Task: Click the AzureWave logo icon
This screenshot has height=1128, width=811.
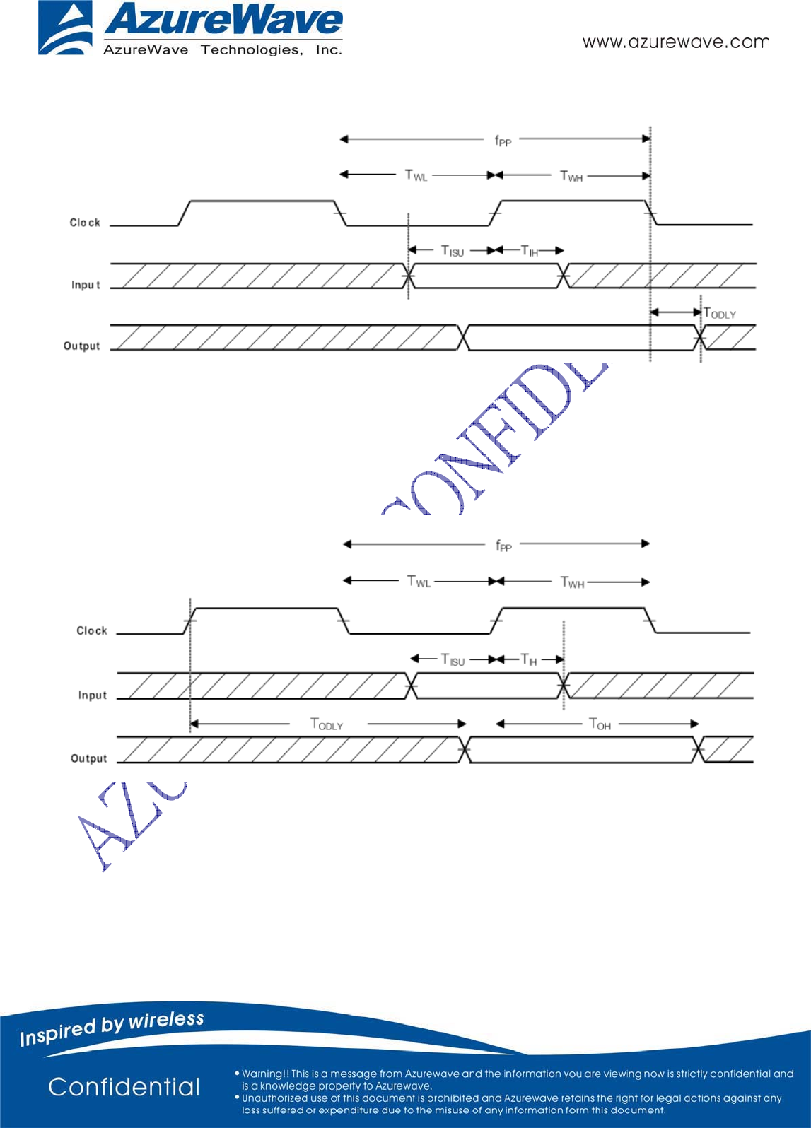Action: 65,28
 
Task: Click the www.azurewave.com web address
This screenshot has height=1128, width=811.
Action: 675,42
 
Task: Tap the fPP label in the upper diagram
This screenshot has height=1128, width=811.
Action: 502,141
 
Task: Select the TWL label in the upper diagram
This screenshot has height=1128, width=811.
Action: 416,175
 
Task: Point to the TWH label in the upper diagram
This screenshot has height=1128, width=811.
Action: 571,176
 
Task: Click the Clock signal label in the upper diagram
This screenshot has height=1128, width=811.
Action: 85,223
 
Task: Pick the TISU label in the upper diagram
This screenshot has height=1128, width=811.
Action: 453,251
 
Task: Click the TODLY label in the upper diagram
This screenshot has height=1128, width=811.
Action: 720,313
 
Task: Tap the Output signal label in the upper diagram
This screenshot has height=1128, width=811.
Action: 82,346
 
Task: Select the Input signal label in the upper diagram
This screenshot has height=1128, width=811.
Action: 86,285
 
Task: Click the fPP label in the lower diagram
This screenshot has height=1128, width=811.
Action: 503,545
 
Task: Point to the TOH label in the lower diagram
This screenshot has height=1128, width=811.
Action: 600,724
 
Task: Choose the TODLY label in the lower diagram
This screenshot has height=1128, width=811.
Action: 327,724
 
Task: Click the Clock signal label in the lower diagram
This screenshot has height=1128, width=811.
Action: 92,630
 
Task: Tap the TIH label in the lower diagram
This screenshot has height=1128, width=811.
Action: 529,659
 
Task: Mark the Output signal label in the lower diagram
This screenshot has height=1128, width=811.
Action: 89,758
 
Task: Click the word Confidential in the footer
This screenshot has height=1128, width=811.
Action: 124,1087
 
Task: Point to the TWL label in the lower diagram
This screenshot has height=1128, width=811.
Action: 419,582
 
